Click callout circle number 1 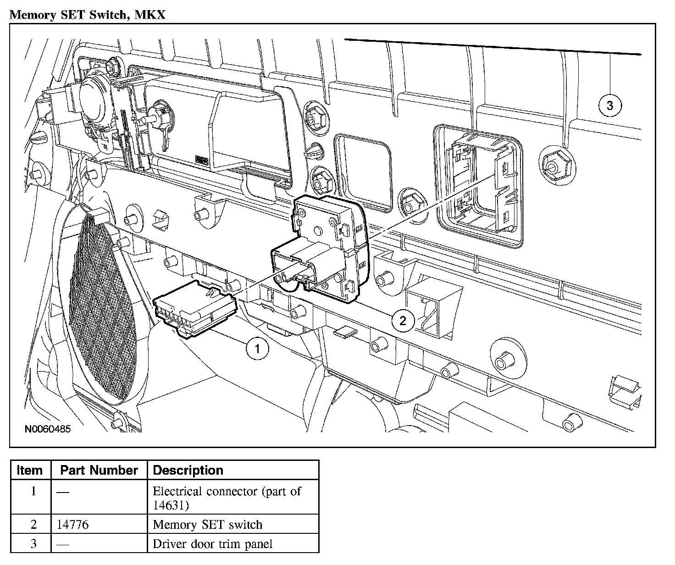[x=257, y=349]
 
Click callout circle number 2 [x=403, y=321]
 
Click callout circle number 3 [x=609, y=105]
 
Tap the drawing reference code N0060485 [x=48, y=430]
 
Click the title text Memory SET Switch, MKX [x=87, y=15]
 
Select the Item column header [x=30, y=470]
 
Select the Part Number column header [x=99, y=470]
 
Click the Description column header [x=188, y=470]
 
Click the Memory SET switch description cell [x=207, y=524]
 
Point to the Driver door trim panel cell [x=212, y=544]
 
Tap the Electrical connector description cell [x=227, y=498]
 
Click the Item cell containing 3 [x=33, y=544]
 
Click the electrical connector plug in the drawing [x=195, y=309]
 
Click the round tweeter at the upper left [x=94, y=97]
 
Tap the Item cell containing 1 [x=33, y=492]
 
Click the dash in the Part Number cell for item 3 [x=63, y=544]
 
